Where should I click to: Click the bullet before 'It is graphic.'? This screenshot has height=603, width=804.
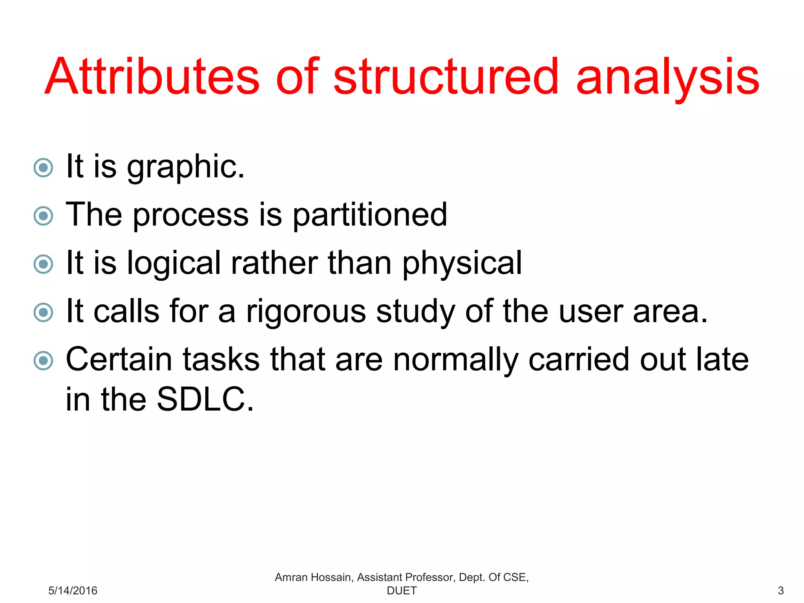43,168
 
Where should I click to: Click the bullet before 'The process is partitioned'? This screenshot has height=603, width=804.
43,216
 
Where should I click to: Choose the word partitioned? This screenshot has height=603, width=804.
370,215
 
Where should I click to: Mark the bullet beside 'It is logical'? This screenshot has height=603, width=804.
43,264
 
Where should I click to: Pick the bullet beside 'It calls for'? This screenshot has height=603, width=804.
43,312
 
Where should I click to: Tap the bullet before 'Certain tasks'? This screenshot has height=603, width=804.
43,361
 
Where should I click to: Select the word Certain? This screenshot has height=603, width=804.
119,360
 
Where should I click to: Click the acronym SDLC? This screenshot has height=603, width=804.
205,399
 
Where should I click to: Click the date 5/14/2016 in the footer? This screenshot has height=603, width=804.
73,590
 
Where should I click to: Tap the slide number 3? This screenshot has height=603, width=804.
780,590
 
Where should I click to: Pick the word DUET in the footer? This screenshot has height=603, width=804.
402,590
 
